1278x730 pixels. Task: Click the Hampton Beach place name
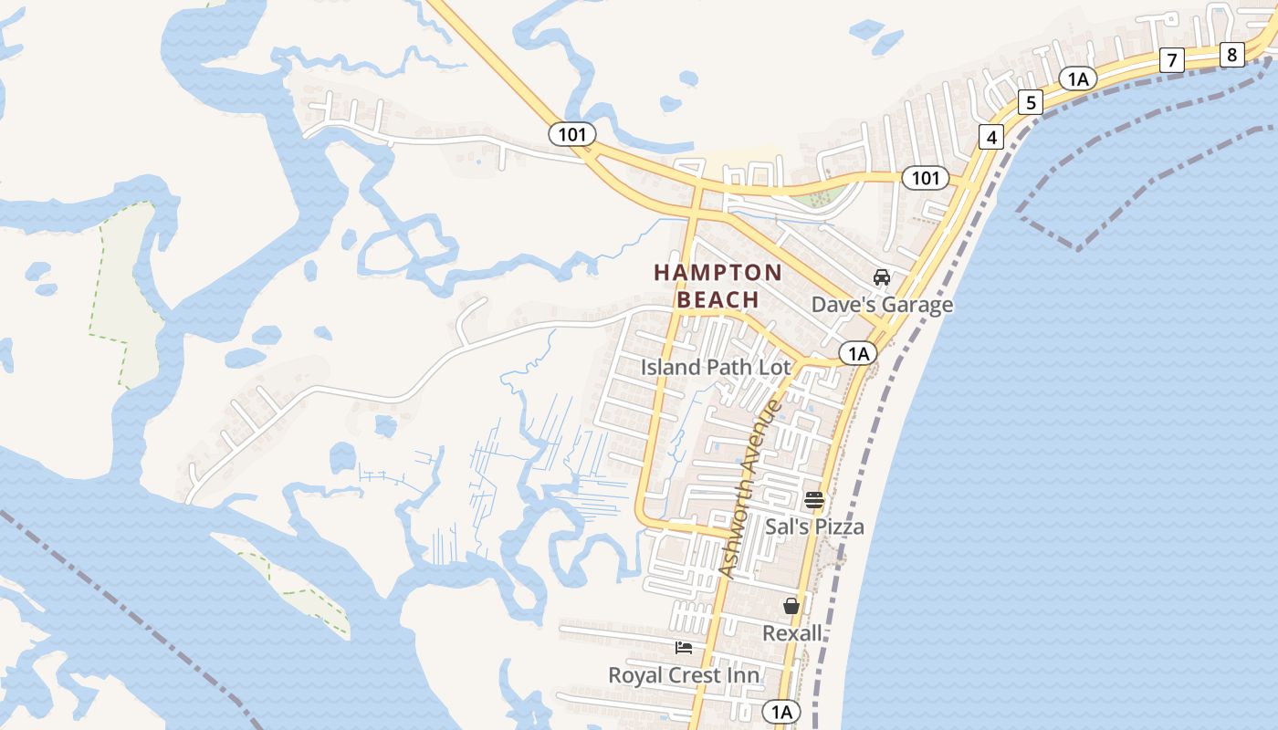718,286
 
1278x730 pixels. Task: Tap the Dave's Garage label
882,305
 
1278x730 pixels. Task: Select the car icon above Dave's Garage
882,277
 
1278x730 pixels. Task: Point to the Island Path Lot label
716,367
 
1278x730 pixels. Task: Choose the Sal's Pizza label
814,527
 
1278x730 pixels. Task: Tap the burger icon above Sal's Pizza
814,500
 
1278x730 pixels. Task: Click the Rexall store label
791,632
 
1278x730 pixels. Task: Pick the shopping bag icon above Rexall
791,606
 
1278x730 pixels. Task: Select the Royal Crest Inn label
684,675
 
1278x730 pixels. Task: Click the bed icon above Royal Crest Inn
684,648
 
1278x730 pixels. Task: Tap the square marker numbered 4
991,138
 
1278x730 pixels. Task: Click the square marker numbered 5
1031,102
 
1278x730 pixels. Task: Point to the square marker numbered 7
1171,61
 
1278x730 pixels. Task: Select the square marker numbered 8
1232,55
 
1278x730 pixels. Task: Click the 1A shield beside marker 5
1077,78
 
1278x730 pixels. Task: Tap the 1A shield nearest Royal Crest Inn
780,711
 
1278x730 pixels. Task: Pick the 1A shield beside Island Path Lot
857,353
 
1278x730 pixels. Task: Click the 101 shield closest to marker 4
925,178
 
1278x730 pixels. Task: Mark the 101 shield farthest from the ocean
572,134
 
